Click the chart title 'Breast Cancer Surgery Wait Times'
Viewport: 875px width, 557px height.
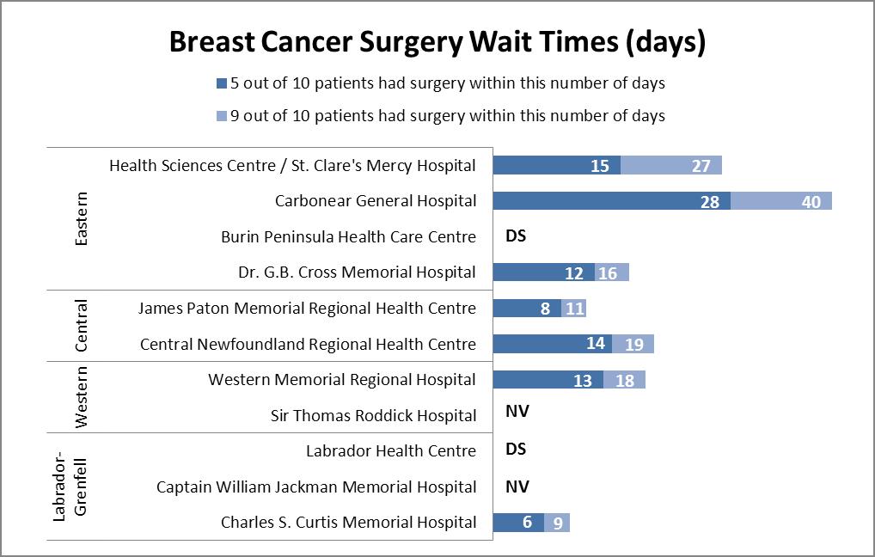pos(437,43)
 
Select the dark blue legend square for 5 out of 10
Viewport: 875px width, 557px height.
pos(222,84)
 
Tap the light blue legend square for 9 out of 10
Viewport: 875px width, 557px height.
pos(222,116)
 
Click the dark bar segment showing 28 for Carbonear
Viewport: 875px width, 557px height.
pos(611,201)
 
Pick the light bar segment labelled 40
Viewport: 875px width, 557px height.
pos(781,201)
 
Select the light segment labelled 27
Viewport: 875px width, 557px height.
pos(671,166)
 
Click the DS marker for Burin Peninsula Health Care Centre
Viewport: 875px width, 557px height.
pos(516,236)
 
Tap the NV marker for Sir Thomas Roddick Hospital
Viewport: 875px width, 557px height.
pos(517,412)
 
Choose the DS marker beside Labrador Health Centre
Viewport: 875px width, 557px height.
pos(516,450)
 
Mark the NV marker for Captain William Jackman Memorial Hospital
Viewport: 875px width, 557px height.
pos(517,487)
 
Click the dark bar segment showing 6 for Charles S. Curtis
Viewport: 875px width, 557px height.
pos(518,523)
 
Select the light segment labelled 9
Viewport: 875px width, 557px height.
pos(557,523)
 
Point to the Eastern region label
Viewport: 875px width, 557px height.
pos(82,218)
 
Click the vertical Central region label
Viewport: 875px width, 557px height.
pos(82,326)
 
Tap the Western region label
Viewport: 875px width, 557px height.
pos(82,397)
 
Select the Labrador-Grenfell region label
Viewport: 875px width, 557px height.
pos(71,487)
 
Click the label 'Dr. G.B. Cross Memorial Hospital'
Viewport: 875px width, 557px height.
pos(357,272)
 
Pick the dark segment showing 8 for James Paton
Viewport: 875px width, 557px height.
pos(527,309)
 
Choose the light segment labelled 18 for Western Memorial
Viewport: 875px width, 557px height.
pos(624,380)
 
